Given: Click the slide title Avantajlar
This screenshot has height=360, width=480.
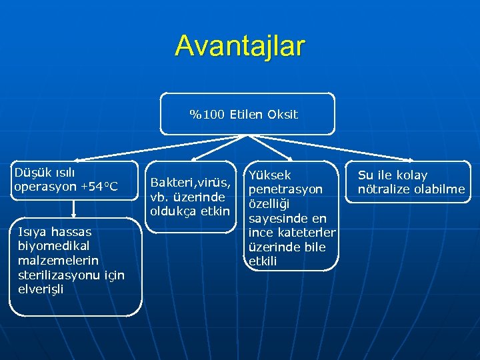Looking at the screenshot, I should click(x=240, y=46).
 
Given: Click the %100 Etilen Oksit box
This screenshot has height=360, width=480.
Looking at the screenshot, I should click(x=247, y=114).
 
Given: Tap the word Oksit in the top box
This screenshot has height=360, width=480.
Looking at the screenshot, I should click(x=283, y=115).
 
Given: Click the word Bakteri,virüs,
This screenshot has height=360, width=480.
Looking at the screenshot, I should click(x=191, y=183).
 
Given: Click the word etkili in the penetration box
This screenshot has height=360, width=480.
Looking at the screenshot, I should click(x=263, y=262).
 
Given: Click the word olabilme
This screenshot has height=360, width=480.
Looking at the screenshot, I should click(x=440, y=189).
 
